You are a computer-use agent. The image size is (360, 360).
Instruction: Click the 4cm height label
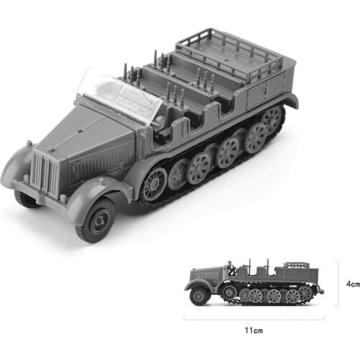[x=352, y=284]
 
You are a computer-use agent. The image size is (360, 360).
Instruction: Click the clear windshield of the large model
[x=119, y=94]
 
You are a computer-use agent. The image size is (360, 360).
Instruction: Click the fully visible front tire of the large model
[x=96, y=219]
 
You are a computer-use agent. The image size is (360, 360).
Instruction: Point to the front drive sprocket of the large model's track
[x=154, y=183]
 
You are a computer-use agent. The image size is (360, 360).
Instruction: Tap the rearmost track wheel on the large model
[x=272, y=119]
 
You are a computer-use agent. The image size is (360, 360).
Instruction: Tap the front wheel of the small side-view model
[x=197, y=296]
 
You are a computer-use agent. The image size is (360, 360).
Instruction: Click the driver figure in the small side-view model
[x=229, y=267]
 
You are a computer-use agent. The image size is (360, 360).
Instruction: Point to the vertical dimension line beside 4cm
[x=338, y=284]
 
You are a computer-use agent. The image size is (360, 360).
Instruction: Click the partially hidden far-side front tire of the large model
[x=25, y=198]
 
